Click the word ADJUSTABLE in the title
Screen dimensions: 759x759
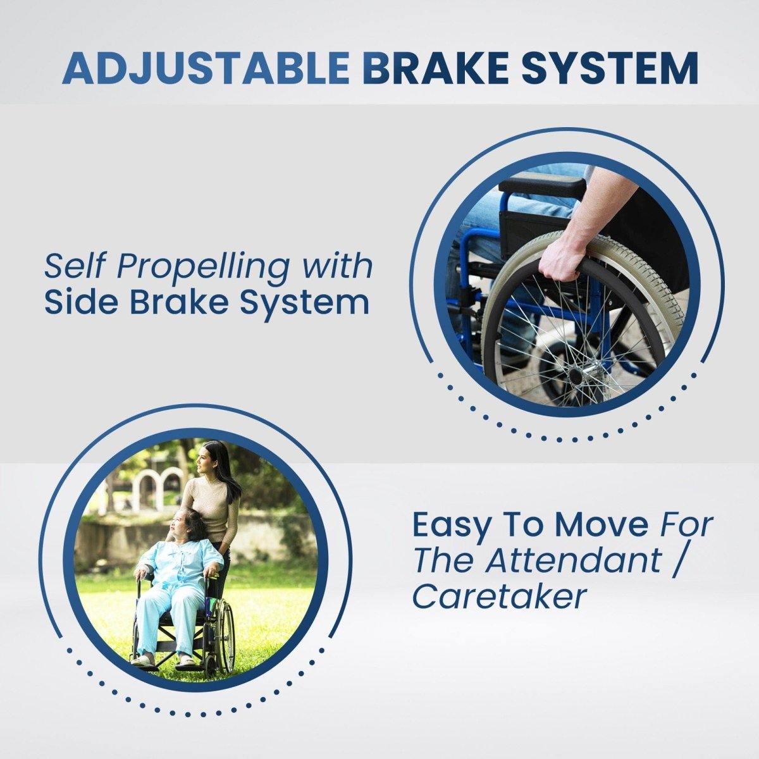(x=206, y=68)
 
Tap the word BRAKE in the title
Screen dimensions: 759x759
(x=435, y=68)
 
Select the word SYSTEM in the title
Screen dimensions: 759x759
(x=610, y=68)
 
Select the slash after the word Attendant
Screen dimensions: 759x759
(x=676, y=560)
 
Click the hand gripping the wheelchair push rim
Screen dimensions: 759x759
(x=559, y=259)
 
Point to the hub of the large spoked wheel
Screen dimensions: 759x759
(x=576, y=374)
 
